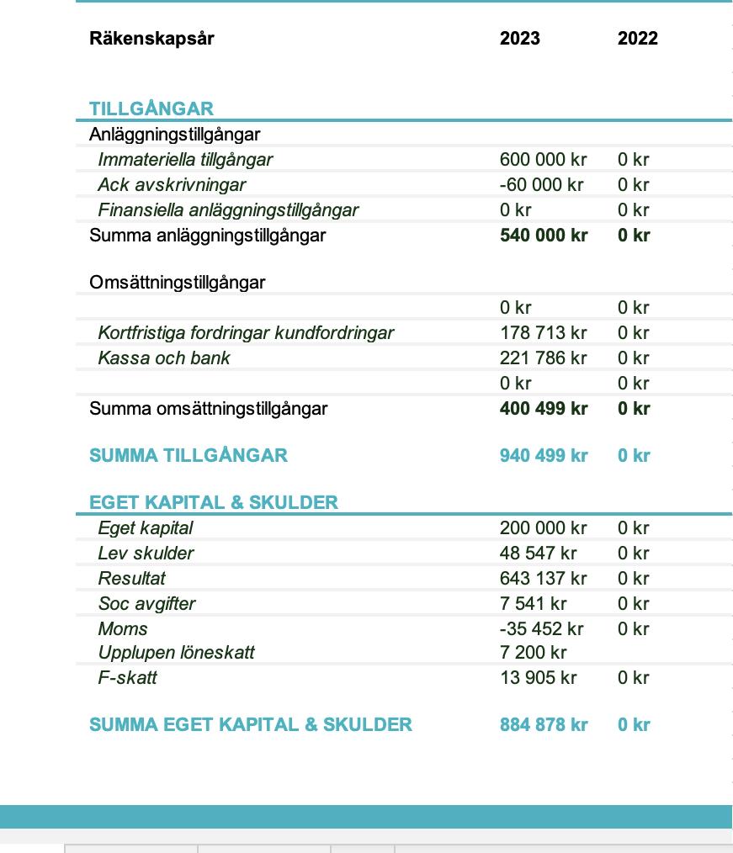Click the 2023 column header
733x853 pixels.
pyautogui.click(x=519, y=39)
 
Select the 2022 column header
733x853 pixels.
pyautogui.click(x=637, y=39)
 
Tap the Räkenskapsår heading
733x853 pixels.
pyautogui.click(x=151, y=39)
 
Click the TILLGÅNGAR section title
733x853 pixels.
pyautogui.click(x=151, y=109)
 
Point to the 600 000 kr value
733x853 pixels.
pyautogui.click(x=543, y=160)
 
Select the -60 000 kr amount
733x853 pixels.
pyautogui.click(x=541, y=185)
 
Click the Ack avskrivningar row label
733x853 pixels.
pyautogui.click(x=172, y=185)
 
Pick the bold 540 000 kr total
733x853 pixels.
pyautogui.click(x=544, y=236)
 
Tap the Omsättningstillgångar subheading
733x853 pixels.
pyautogui.click(x=177, y=283)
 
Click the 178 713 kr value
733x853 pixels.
pyautogui.click(x=543, y=333)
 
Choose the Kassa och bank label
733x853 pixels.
pyautogui.click(x=163, y=358)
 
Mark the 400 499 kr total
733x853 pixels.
pyautogui.click(x=544, y=409)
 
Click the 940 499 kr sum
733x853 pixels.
pyautogui.click(x=544, y=456)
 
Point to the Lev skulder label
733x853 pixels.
pyautogui.click(x=146, y=554)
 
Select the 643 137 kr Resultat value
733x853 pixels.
pyautogui.click(x=543, y=579)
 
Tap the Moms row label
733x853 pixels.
pyautogui.click(x=123, y=629)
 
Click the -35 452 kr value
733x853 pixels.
pyautogui.click(x=541, y=629)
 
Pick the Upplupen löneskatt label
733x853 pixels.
pyautogui.click(x=176, y=653)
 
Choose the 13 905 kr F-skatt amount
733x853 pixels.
pyautogui.click(x=538, y=678)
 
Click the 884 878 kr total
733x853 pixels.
pyautogui.click(x=544, y=725)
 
